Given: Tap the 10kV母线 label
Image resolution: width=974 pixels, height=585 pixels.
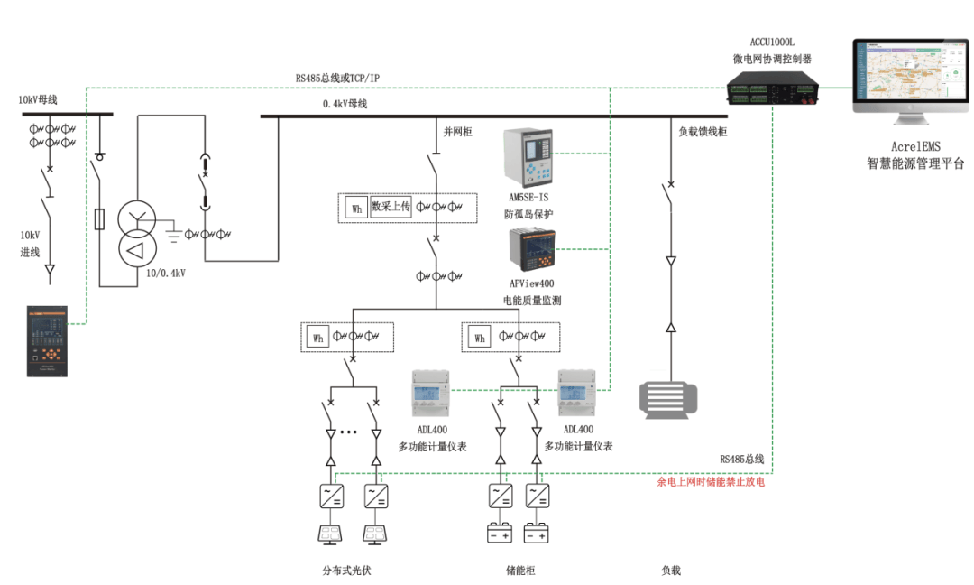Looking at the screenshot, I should (x=38, y=99).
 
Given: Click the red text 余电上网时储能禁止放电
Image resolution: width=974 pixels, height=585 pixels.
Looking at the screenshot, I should (x=712, y=483).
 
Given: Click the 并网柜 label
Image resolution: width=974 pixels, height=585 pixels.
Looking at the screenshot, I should (x=458, y=133).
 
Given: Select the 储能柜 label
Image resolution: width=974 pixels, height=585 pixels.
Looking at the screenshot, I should (x=520, y=571).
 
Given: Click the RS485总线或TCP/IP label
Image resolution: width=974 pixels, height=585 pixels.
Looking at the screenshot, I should (x=337, y=79).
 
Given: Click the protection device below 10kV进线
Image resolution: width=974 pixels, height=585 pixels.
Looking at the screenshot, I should (x=48, y=341).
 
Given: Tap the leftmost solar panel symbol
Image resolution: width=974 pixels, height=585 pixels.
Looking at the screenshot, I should (x=330, y=534).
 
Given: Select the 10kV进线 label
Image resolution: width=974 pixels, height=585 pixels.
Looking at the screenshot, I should (x=31, y=243).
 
